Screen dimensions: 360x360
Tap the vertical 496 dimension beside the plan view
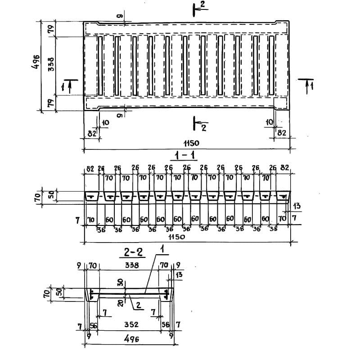tap(35, 66)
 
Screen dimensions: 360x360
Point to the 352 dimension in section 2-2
tap(131, 324)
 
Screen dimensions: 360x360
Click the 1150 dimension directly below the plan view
tap(186, 143)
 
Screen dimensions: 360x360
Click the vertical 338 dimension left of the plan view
tap(51, 66)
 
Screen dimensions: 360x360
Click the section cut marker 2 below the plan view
tap(203, 128)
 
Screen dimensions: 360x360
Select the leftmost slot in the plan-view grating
tap(100, 65)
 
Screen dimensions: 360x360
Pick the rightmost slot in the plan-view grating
tap(271, 65)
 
